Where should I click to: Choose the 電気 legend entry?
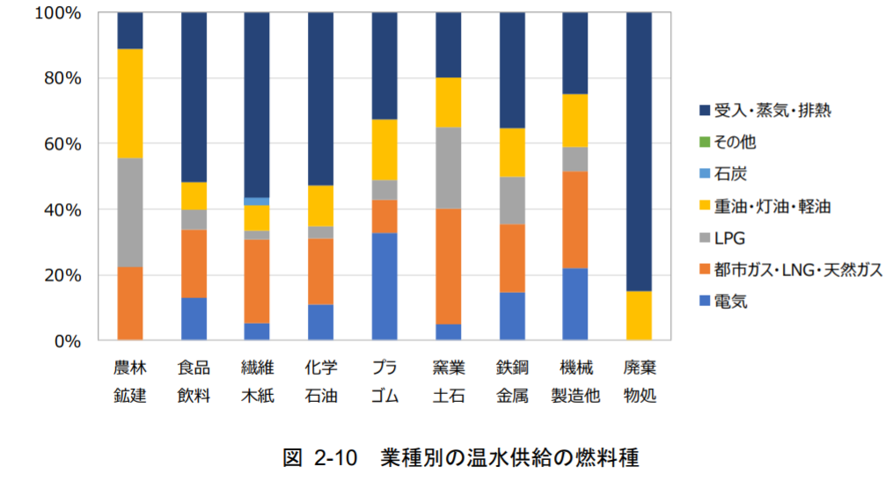[731, 303]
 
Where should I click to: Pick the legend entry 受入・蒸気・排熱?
[772, 110]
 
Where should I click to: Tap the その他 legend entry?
[734, 142]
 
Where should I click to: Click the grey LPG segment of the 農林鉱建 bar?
[130, 212]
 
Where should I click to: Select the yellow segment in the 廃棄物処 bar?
[640, 315]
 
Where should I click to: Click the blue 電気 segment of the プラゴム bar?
[384, 286]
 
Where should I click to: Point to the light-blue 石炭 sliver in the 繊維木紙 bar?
[257, 201]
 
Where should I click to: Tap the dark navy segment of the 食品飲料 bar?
[194, 97]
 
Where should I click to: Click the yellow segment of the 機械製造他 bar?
[575, 120]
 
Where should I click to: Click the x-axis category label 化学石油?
[321, 381]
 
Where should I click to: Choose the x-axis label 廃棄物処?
[640, 381]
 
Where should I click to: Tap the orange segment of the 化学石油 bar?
[321, 271]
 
